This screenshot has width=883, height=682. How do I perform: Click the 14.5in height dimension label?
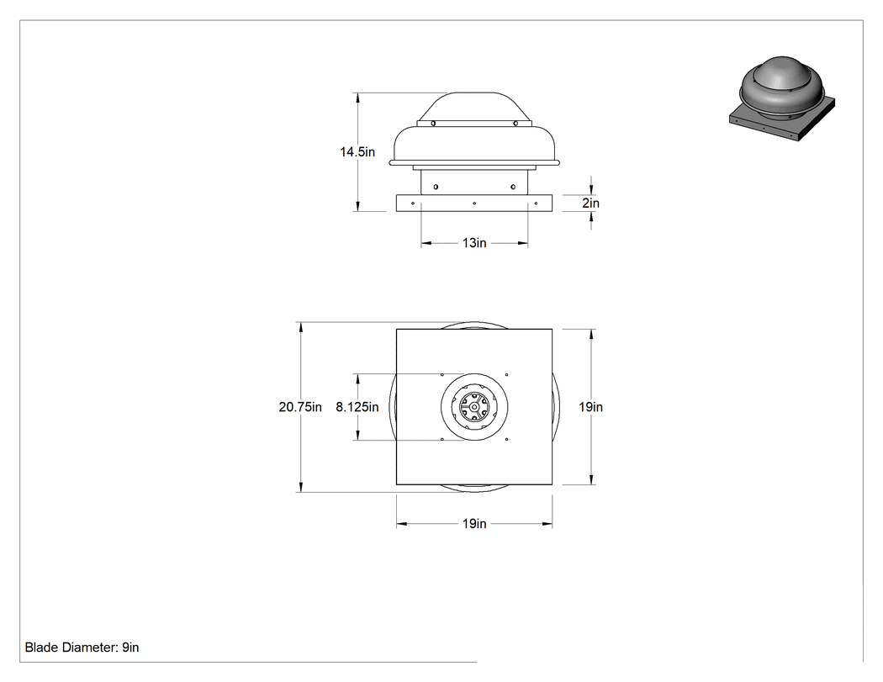tap(357, 151)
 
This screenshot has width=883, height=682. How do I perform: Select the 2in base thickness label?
tap(590, 203)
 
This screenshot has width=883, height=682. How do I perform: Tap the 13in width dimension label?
tap(474, 243)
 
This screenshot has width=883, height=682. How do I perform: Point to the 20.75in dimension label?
tap(300, 407)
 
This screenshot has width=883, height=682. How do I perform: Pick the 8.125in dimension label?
tap(357, 407)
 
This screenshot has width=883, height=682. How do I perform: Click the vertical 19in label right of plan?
tap(590, 407)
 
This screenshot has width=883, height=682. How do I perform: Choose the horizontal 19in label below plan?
tap(474, 524)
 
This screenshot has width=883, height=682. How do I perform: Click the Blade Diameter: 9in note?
tap(82, 648)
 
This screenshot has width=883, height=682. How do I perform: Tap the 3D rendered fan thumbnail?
tap(781, 98)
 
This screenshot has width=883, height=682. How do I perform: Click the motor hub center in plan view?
tap(474, 406)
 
